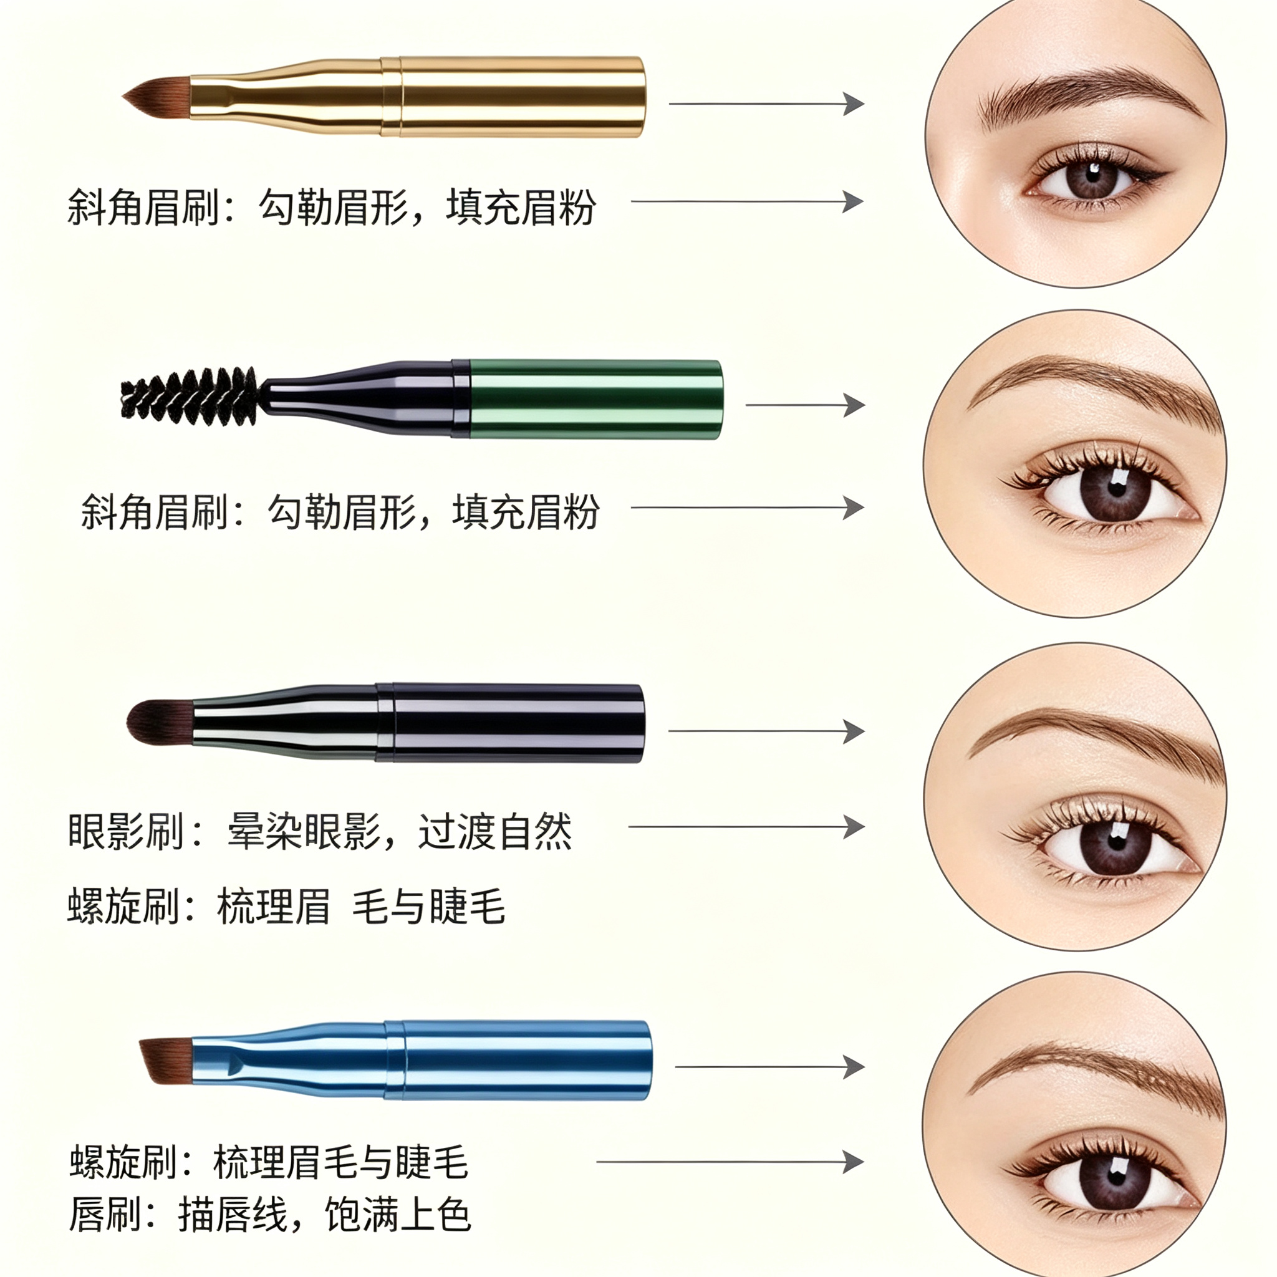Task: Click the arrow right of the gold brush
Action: pyautogui.click(x=767, y=104)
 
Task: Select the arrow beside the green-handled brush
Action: pyautogui.click(x=805, y=405)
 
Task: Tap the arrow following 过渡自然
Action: pyautogui.click(x=747, y=827)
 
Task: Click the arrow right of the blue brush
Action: pyautogui.click(x=770, y=1067)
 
